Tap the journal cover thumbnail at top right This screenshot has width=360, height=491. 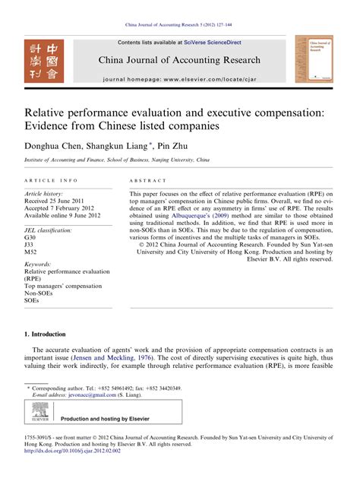(x=313, y=58)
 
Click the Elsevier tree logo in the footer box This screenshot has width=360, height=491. (x=39, y=414)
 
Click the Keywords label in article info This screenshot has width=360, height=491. (x=40, y=262)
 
